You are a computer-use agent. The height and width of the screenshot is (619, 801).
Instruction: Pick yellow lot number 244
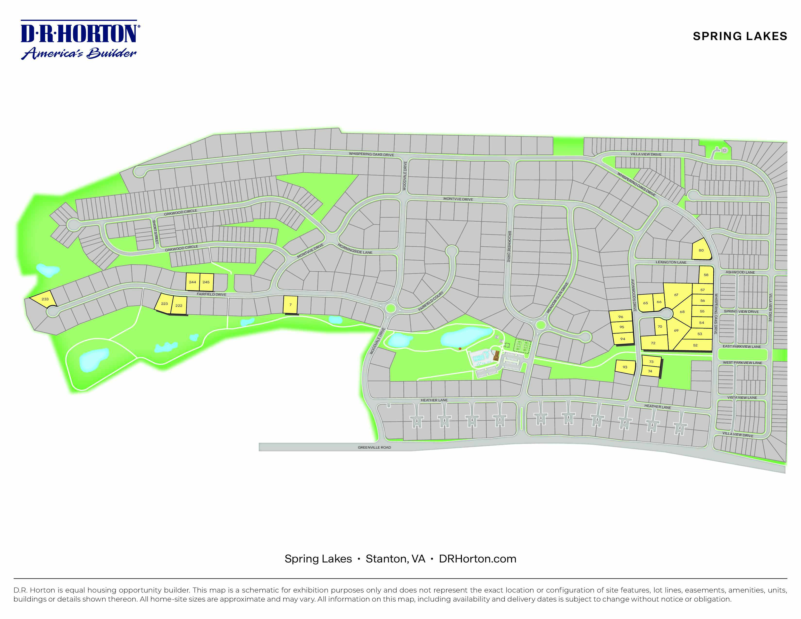[x=192, y=282]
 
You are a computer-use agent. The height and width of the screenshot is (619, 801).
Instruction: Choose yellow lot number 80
[x=701, y=251]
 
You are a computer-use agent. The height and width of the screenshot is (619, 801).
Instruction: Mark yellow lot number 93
[x=625, y=367]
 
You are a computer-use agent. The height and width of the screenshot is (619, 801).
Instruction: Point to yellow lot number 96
[x=621, y=317]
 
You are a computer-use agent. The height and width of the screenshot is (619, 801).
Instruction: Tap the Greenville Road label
[x=374, y=447]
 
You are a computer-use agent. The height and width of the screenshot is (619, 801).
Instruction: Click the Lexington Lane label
[x=671, y=262]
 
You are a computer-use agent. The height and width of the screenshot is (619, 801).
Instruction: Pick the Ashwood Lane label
[x=740, y=272]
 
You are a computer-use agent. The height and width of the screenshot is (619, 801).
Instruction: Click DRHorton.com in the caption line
[x=477, y=559]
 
